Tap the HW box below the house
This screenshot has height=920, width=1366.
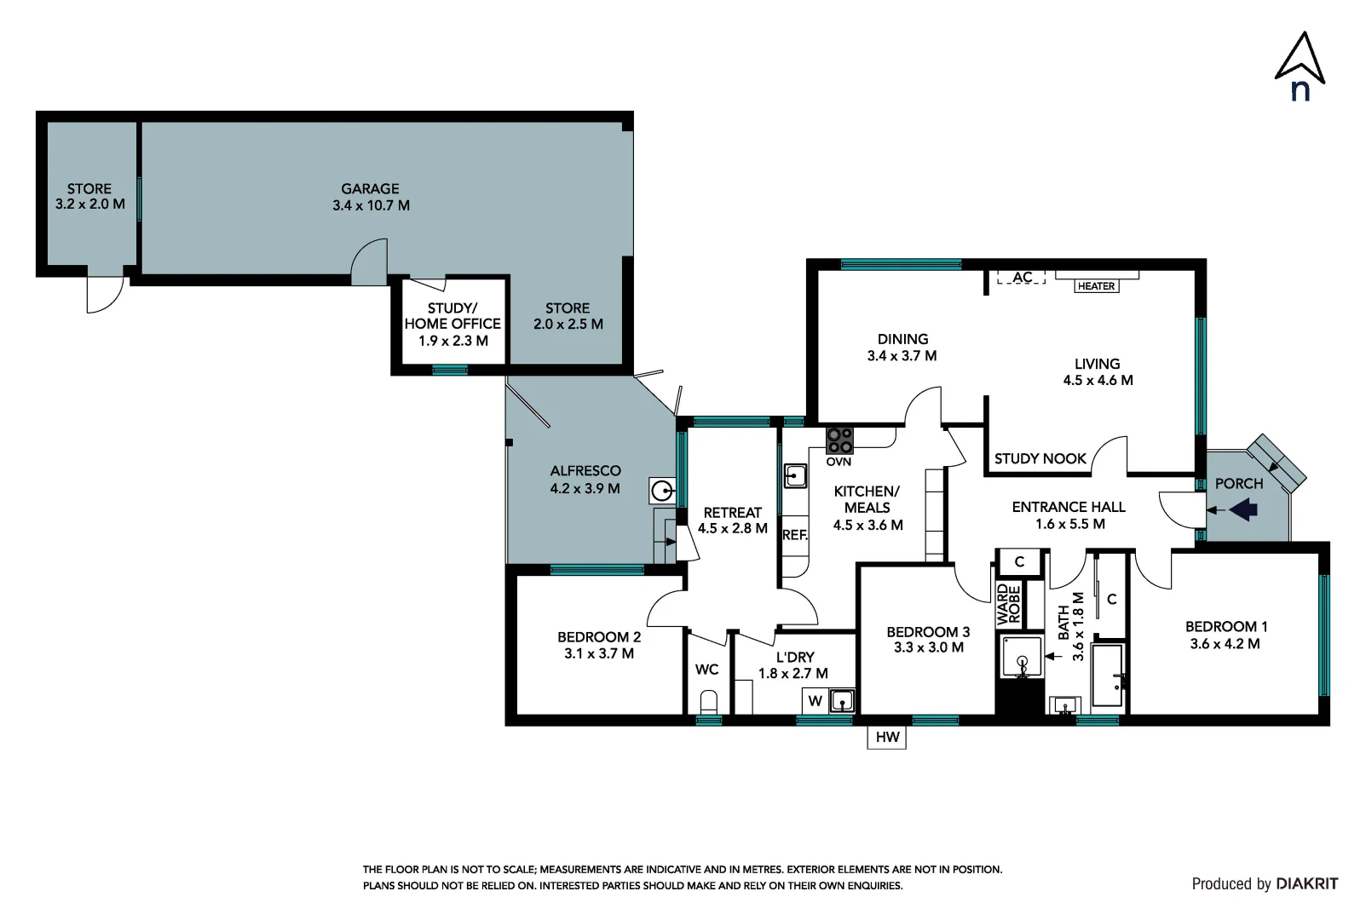point(887,737)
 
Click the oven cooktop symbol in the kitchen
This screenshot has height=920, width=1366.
point(839,440)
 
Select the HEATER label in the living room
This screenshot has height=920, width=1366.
point(1096,286)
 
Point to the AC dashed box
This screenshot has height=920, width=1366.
point(1022,278)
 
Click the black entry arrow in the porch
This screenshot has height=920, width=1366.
point(1243,510)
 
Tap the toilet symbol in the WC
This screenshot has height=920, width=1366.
point(709,703)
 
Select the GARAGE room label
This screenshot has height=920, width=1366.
point(370,189)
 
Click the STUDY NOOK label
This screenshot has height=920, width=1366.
point(1040,458)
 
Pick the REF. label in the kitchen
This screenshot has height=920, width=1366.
point(794,535)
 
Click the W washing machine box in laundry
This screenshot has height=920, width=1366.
point(816,701)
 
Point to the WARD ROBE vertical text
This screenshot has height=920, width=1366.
point(1008,604)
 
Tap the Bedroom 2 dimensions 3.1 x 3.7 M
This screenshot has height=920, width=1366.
point(598,653)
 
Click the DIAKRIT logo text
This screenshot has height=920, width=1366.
point(1306,883)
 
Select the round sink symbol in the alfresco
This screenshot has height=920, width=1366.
point(662,491)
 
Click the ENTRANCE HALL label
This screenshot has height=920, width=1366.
point(1069,507)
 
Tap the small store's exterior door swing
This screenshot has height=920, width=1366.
point(104,295)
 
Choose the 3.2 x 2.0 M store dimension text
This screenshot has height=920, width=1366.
point(89,204)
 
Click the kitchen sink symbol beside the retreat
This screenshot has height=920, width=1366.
point(795,475)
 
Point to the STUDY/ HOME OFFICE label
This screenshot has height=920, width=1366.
point(452,316)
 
